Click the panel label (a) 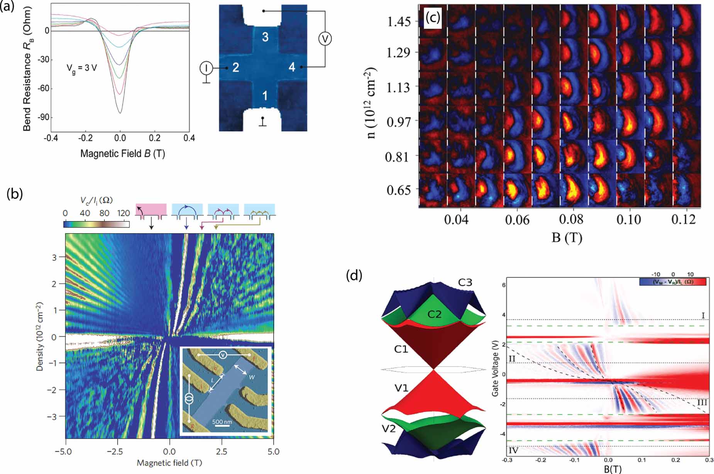pos(7,7)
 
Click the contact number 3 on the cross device pos(265,37)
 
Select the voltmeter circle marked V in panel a pos(325,39)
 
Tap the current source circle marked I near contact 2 pos(206,68)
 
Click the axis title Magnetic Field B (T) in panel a pos(122,154)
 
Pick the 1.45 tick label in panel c pos(399,22)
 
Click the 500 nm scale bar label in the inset pos(222,422)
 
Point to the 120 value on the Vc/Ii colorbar pos(124,213)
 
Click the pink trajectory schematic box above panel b pos(151,210)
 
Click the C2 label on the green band pos(434,315)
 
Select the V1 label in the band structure pos(401,388)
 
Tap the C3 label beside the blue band pos(465,283)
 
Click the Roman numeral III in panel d pos(702,403)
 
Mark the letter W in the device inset pos(252,377)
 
